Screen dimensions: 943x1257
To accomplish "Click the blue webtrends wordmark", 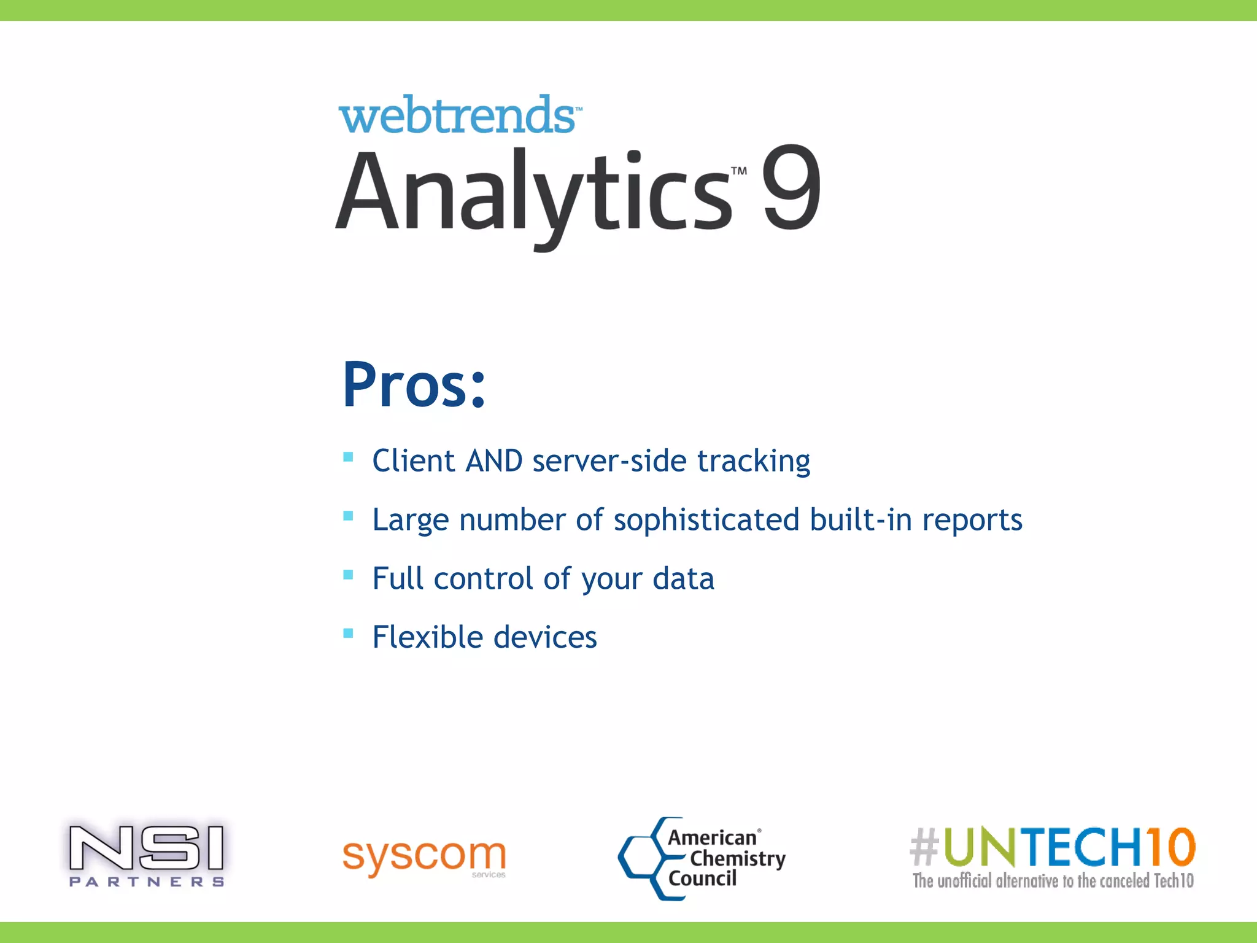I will click(x=457, y=115).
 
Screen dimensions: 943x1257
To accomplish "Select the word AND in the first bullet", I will click(x=494, y=461).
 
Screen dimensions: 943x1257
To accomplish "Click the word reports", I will click(x=972, y=520).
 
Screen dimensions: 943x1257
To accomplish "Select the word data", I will click(x=683, y=579).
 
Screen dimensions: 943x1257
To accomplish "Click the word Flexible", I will click(x=427, y=637).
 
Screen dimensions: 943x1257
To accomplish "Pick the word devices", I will click(x=545, y=637).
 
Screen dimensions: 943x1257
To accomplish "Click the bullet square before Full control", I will click(x=348, y=575).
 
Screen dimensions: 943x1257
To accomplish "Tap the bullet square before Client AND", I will click(x=348, y=457).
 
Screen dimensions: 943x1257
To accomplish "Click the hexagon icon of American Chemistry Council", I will click(x=641, y=858).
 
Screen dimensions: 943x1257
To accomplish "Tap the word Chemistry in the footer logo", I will click(x=738, y=858).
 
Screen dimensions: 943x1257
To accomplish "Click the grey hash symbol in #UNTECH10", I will click(x=924, y=846).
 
